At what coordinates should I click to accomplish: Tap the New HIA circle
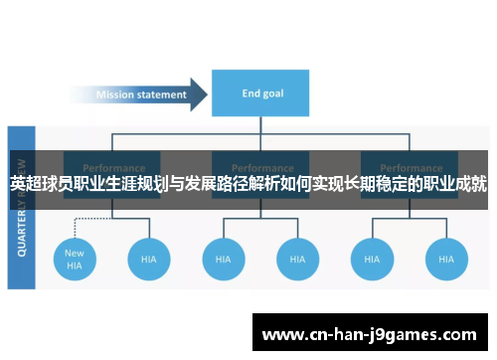(x=75, y=259)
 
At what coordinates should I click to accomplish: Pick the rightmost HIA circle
(x=445, y=259)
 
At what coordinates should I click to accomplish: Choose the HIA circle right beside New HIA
(x=148, y=259)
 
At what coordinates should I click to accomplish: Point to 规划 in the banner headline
(x=130, y=184)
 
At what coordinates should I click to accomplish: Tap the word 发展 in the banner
(x=182, y=184)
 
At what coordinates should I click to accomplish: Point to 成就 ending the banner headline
(x=470, y=184)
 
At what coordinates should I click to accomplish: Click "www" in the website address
(x=280, y=334)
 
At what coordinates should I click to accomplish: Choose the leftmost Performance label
(x=113, y=167)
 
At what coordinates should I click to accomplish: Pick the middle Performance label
(x=261, y=167)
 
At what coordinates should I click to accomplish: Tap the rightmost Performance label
(x=409, y=167)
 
